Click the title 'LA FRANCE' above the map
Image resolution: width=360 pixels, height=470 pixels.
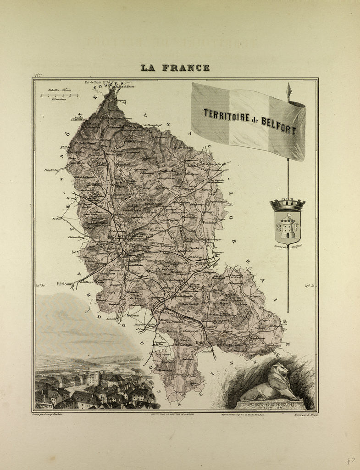coord(175,68)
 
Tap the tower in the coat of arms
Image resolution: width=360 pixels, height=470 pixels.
coord(288,227)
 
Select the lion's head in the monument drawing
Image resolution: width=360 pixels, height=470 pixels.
coord(279,369)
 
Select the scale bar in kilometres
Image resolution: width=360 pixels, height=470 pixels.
coord(59,95)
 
